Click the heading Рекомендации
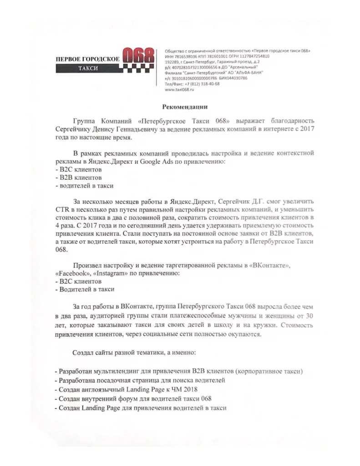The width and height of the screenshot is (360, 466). pos(185,107)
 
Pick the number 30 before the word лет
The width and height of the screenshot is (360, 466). pos(309,315)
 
